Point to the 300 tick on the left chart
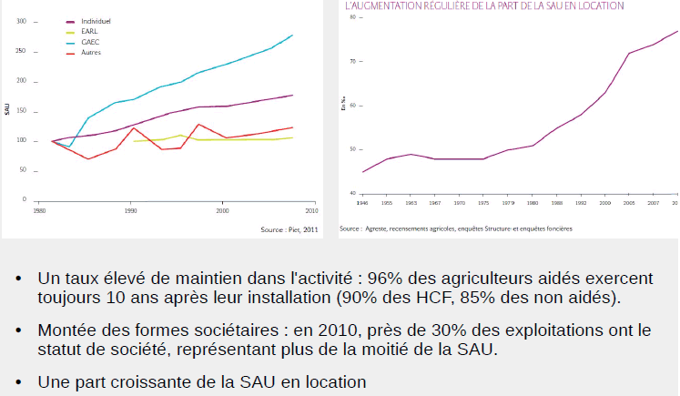22,20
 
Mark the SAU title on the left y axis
7,109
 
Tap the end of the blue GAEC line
292,36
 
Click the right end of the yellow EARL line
292,137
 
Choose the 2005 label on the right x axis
629,203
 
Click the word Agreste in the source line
376,229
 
